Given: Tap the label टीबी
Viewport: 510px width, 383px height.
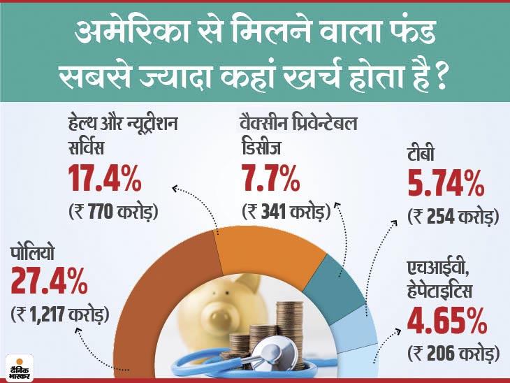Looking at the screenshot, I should [424, 158].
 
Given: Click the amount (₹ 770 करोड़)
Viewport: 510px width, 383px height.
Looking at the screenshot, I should [113, 210].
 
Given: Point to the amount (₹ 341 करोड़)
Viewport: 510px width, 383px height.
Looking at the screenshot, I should [285, 210].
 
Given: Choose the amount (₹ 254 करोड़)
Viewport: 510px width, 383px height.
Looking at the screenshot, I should [453, 217].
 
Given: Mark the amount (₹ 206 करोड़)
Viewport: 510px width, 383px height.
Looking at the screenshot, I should [454, 353].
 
